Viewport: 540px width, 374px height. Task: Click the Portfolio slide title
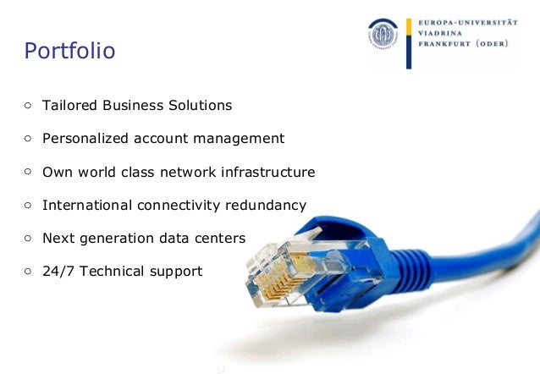[x=70, y=52]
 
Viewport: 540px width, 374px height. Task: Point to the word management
[x=240, y=138]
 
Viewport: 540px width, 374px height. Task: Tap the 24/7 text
[x=57, y=271]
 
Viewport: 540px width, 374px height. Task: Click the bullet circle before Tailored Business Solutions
[x=28, y=106]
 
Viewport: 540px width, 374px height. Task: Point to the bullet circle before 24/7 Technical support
[x=28, y=271]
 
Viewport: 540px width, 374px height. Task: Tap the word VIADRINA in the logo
[x=441, y=34]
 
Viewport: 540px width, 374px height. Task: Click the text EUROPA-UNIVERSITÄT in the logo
[x=469, y=21]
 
